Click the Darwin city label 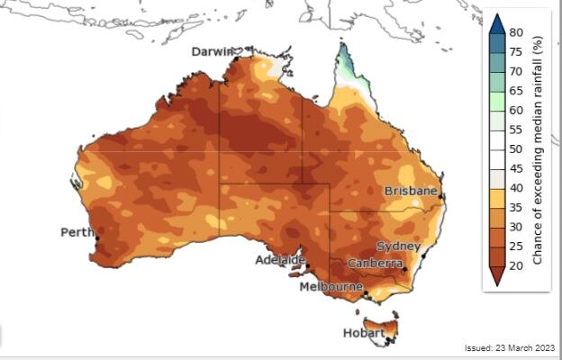[212, 52]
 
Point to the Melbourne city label [331, 286]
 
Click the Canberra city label [376, 263]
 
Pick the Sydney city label [399, 246]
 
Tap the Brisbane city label [411, 192]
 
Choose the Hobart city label [363, 332]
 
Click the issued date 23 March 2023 [509, 347]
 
